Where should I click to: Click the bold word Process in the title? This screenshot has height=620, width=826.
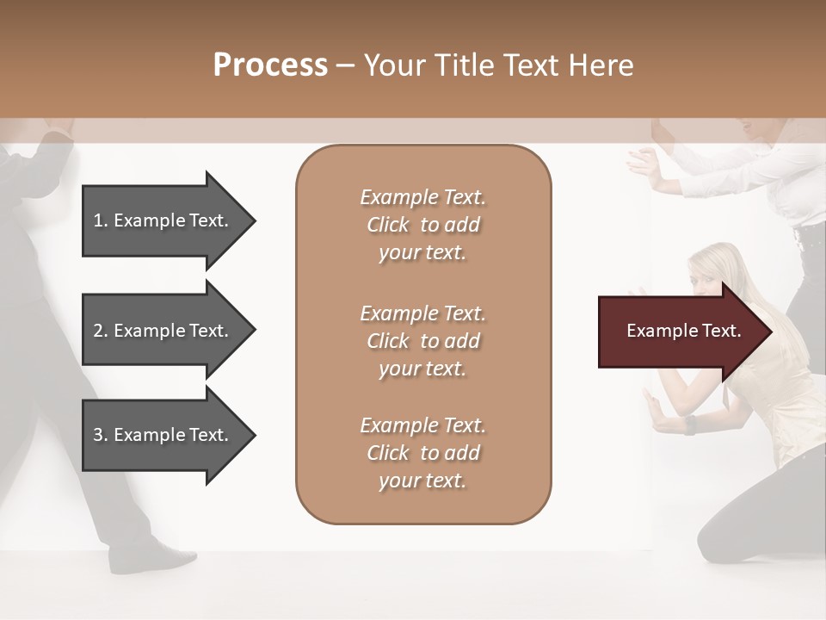270,65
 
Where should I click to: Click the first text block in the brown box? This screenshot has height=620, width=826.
422,225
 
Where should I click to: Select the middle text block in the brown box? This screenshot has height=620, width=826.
422,341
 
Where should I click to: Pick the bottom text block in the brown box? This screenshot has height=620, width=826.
422,453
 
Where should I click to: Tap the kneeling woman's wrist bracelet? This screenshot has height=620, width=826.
689,425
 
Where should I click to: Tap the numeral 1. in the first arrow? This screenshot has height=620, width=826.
101,220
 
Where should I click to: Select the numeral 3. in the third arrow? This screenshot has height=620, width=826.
101,435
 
